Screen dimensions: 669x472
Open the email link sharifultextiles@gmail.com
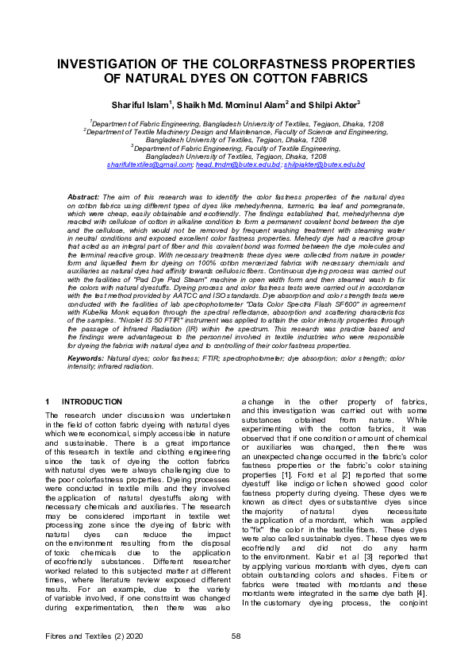[x=149, y=164]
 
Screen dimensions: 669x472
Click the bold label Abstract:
[x=83, y=195]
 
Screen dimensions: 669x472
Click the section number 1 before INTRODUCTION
[x=48, y=402]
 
